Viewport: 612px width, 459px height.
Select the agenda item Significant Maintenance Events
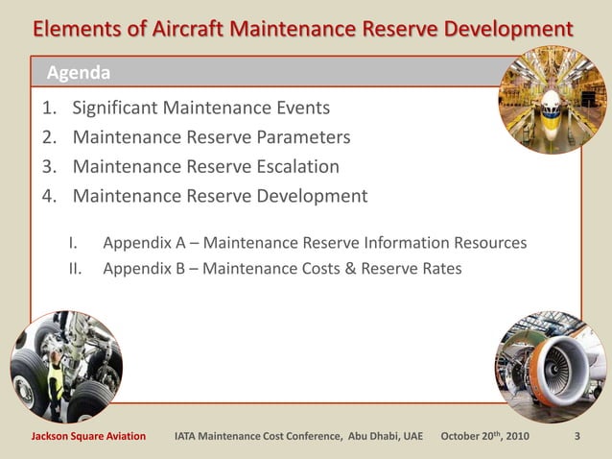(x=200, y=108)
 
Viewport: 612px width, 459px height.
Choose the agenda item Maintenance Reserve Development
(x=220, y=197)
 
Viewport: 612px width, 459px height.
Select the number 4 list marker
(x=48, y=197)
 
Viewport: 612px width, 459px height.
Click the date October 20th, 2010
(x=484, y=437)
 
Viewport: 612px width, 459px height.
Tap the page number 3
(x=577, y=437)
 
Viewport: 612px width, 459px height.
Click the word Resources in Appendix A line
(x=488, y=242)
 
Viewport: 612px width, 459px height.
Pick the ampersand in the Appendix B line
(x=350, y=269)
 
